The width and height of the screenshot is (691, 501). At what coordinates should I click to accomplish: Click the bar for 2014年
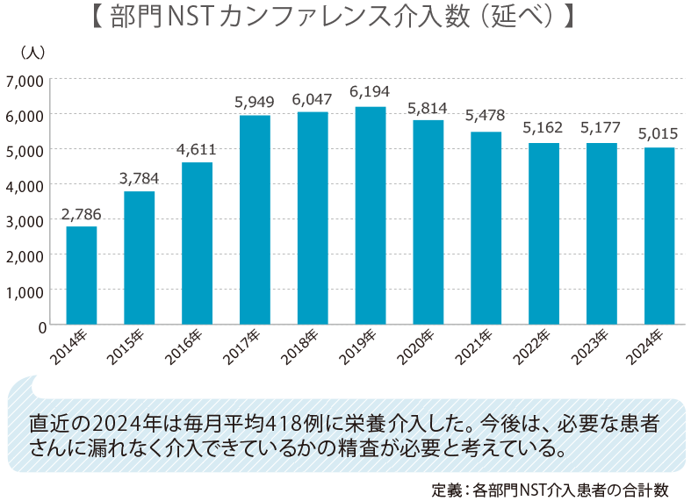coord(82,276)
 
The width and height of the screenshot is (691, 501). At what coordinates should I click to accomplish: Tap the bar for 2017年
coord(255,220)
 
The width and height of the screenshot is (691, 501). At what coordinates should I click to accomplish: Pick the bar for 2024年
coord(659,236)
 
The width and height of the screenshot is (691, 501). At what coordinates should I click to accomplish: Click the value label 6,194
coord(370,92)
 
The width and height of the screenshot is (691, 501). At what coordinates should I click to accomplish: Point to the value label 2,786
coord(81,212)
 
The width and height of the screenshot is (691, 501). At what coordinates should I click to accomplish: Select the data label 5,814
coord(428,109)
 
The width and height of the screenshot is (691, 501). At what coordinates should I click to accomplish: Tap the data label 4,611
coord(197,148)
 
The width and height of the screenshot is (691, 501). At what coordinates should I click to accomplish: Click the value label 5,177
coord(601,129)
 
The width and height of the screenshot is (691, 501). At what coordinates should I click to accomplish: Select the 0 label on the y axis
coord(41,326)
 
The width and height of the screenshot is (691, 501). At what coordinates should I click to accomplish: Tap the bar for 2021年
coord(486,228)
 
